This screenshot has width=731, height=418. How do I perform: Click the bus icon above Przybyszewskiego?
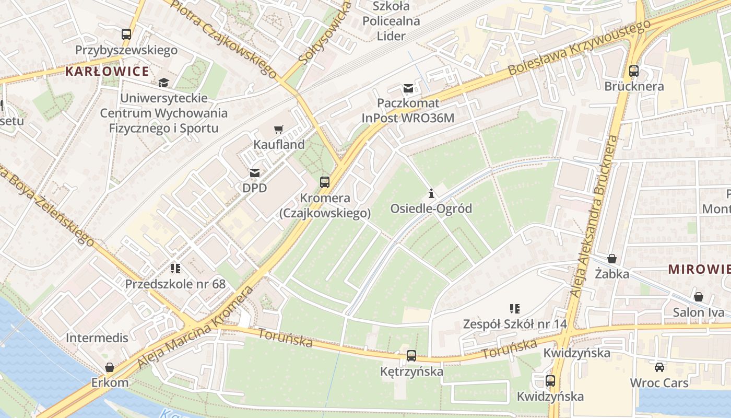(126, 34)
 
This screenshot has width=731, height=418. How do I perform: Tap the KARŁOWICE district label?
(107, 72)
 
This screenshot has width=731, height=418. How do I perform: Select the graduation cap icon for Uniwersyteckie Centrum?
(164, 83)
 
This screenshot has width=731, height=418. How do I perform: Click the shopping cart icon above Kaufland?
(279, 129)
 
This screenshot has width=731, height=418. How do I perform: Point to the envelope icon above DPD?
(255, 173)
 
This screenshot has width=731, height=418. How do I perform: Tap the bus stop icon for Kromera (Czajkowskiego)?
(325, 182)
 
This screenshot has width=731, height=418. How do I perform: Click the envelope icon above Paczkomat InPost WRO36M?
(408, 88)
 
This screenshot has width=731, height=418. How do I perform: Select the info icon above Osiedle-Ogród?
(431, 194)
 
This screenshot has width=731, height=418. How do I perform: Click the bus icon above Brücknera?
(634, 71)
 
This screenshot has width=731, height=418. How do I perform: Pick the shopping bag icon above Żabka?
(612, 259)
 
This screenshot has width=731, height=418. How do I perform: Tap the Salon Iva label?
(699, 312)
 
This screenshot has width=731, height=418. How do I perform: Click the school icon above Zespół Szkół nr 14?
(515, 309)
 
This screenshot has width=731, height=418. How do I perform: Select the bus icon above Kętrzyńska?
(411, 356)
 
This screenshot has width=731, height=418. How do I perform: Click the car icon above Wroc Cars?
(659, 367)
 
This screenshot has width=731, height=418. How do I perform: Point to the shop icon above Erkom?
(110, 367)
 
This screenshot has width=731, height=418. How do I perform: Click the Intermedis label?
(97, 338)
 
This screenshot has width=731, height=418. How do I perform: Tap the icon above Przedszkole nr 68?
(175, 269)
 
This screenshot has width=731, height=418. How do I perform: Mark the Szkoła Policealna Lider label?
(392, 21)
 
